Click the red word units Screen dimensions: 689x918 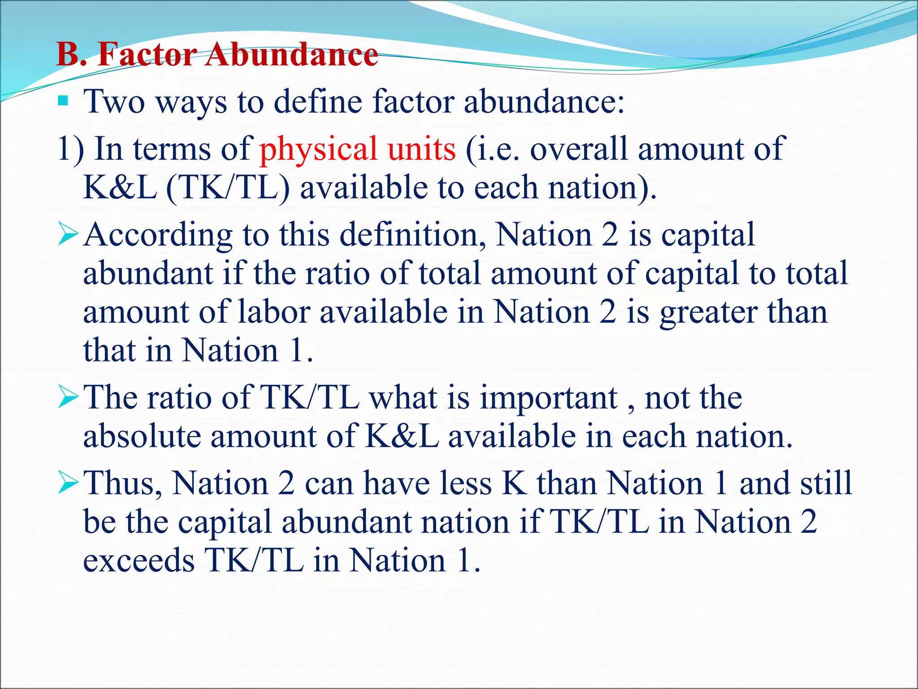[422, 149]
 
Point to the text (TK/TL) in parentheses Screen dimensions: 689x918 [228, 188]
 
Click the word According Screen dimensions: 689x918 [158, 235]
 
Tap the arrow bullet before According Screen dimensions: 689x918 [68, 235]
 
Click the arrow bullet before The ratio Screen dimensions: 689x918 [68, 398]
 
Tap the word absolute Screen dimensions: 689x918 [142, 436]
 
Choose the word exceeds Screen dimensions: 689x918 [139, 561]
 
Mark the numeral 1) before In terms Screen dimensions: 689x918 [71, 149]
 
